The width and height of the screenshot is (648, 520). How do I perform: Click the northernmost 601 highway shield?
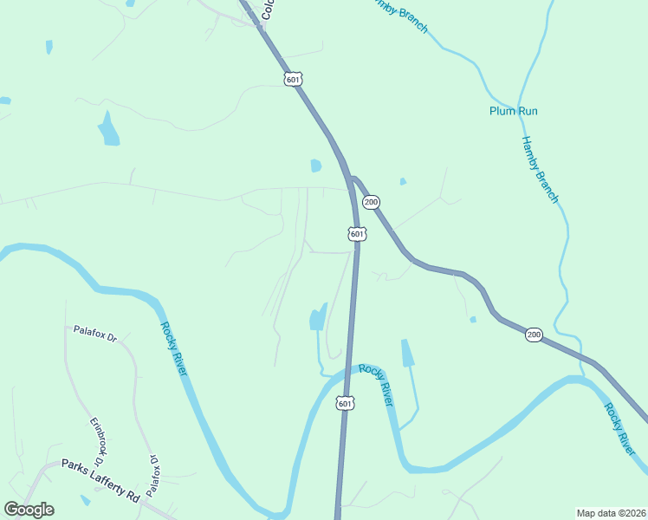pyautogui.click(x=293, y=79)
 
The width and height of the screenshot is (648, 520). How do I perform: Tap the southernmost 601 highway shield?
pyautogui.click(x=345, y=404)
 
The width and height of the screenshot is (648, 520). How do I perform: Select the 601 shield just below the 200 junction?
pyautogui.click(x=357, y=234)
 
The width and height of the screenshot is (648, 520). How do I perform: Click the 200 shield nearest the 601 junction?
pyautogui.click(x=371, y=202)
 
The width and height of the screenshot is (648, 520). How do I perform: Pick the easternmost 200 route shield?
pyautogui.click(x=534, y=335)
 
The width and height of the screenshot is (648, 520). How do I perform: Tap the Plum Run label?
pyautogui.click(x=514, y=111)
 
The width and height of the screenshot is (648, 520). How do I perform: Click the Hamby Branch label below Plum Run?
pyautogui.click(x=540, y=170)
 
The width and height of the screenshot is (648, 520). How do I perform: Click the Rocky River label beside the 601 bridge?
pyautogui.click(x=378, y=386)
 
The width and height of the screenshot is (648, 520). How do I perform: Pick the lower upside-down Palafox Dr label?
pyautogui.click(x=154, y=475)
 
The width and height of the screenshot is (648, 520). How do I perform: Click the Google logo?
pyautogui.click(x=29, y=510)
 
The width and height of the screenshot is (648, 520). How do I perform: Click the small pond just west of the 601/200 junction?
pyautogui.click(x=316, y=166)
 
